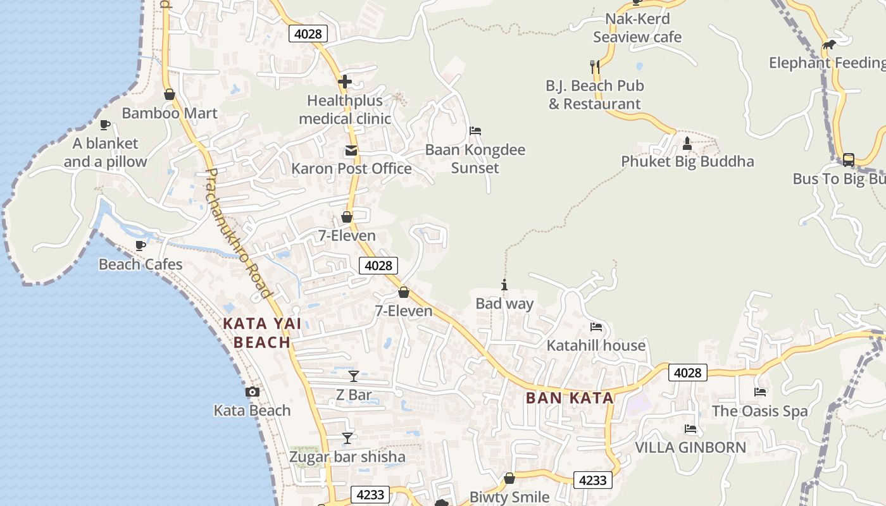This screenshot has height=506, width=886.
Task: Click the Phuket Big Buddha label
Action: point(687,161)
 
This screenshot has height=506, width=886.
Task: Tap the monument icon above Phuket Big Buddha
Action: point(687,144)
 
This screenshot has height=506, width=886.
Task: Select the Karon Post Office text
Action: point(351,168)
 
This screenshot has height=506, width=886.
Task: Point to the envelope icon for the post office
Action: point(351,151)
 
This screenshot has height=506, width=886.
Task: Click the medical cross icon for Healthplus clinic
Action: point(345,82)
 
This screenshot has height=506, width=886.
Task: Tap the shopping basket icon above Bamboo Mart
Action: point(169,95)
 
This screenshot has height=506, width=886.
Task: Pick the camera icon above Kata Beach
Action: point(253,392)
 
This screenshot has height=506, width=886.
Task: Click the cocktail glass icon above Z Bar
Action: point(354,376)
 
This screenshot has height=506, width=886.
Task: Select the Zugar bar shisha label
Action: point(347,457)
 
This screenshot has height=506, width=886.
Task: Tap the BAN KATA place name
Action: point(570,398)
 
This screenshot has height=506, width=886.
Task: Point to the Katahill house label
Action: point(596,345)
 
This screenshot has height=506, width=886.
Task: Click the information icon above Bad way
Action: point(504,285)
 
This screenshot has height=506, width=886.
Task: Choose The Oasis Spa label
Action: point(759,411)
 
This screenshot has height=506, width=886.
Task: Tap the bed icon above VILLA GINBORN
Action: point(690,429)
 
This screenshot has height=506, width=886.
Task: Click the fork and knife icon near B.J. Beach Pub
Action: point(594,66)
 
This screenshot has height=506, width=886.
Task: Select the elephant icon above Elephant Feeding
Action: point(829,44)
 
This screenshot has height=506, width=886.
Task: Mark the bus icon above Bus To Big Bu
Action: point(849,160)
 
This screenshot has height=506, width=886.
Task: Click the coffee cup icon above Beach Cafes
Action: point(140,245)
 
